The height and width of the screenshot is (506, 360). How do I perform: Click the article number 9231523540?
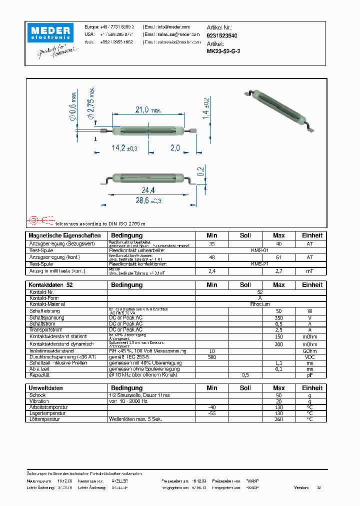pos(222,36)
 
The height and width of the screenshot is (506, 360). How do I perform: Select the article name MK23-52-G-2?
pos(223,51)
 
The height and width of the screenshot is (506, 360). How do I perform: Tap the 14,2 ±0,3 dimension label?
pos(124,148)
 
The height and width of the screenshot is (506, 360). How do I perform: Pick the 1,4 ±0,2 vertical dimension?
pos(205,108)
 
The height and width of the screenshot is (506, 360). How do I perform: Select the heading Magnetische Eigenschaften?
pos(64,235)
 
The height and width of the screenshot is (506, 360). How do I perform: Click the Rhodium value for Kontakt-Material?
pos(259,304)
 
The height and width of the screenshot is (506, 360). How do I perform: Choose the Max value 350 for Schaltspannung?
pos(278,317)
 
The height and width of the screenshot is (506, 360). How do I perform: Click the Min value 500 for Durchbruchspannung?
pos(212,357)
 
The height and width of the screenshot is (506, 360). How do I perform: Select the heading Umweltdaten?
pos(45,388)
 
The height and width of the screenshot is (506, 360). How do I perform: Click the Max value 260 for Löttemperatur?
pos(278,419)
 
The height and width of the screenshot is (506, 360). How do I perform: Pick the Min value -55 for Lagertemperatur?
pos(212,413)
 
